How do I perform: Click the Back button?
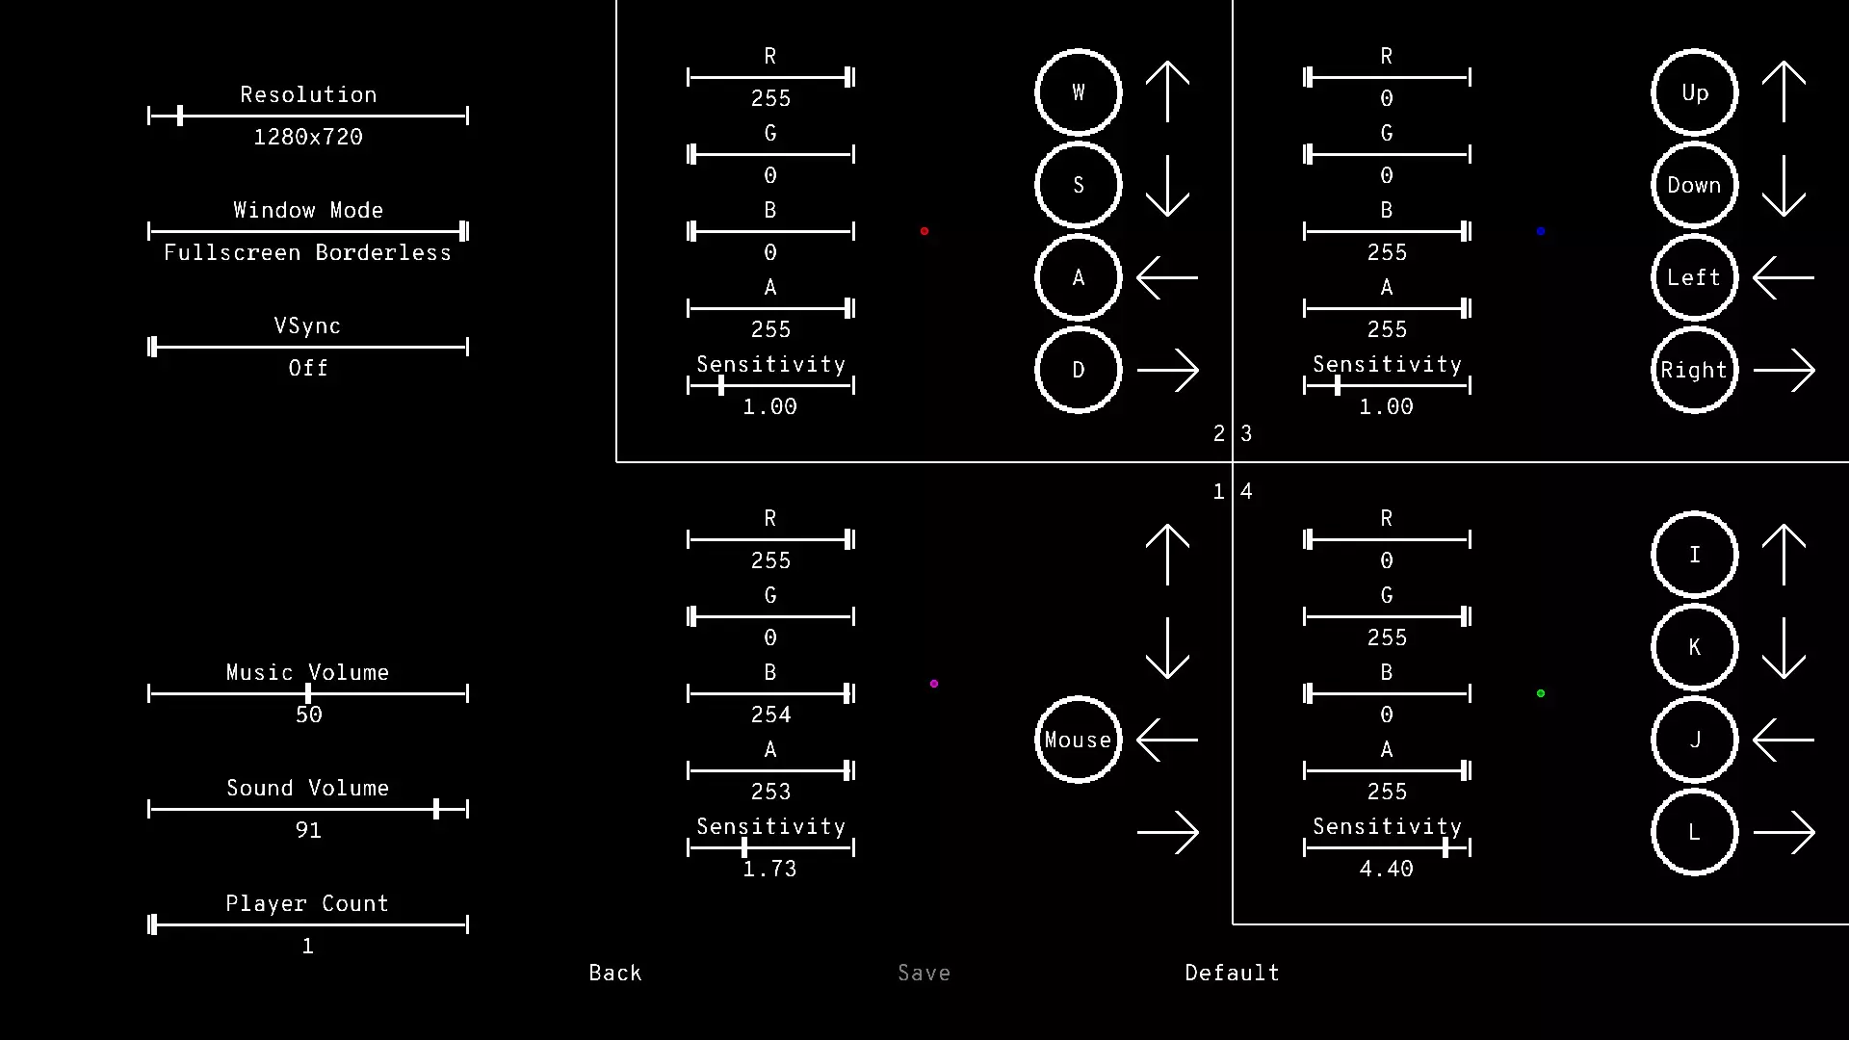615,973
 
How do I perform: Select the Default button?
1232,973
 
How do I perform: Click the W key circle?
1079,92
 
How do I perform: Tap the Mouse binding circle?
1079,740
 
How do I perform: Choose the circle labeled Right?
1695,370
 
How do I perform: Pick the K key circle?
1695,647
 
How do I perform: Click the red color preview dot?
924,231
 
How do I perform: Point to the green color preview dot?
1541,693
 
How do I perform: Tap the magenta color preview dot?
934,684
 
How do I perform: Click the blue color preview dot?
1541,231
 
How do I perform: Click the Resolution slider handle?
180,116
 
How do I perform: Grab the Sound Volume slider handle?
436,809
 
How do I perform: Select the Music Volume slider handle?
308,693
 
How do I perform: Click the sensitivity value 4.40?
1387,869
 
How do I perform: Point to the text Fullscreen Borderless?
308,252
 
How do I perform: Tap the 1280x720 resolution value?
308,137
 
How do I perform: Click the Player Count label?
307,903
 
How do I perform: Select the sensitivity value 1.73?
770,869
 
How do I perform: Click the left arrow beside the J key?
1784,740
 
